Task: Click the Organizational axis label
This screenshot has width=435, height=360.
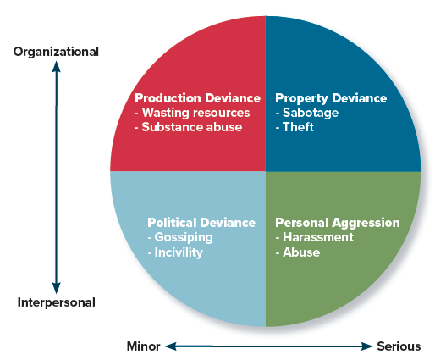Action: [56, 53]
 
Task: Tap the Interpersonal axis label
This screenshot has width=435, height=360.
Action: [56, 302]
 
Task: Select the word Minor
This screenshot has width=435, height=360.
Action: [144, 346]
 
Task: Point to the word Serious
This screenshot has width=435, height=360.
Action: [399, 346]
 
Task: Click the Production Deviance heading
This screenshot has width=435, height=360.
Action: [197, 98]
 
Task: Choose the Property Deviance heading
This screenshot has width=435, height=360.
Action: [331, 98]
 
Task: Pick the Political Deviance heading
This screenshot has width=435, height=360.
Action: [201, 223]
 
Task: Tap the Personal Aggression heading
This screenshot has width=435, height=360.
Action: [338, 223]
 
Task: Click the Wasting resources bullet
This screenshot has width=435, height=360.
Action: [192, 113]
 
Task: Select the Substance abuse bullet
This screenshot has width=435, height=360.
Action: [188, 127]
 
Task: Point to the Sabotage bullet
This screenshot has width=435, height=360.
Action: [307, 113]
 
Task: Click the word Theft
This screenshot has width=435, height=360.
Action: [298, 127]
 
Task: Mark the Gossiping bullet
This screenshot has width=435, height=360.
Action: [180, 237]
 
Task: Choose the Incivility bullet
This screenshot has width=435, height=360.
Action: [175, 252]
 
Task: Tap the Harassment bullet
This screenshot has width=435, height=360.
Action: [314, 237]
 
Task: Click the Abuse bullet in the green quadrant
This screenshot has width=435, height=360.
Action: [298, 252]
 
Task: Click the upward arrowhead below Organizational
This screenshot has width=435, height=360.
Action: [56, 67]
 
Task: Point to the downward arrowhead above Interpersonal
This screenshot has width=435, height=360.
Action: [56, 288]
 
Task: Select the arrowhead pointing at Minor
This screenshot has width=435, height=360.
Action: [171, 346]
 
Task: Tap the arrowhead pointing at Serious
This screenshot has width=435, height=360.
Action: [366, 346]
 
